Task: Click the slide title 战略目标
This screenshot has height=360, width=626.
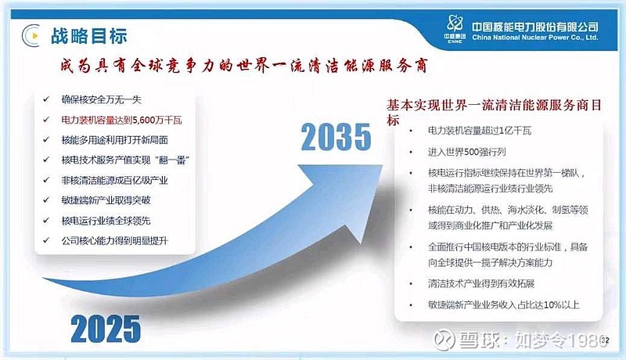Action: coord(88,36)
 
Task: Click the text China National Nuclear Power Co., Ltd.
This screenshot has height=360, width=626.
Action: coord(535,38)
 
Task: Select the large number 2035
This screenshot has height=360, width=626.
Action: coord(336,137)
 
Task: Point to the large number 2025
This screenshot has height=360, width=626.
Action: coord(106,329)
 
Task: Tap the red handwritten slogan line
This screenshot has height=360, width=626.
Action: coord(244,66)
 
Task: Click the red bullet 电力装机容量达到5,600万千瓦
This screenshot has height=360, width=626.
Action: coord(121,120)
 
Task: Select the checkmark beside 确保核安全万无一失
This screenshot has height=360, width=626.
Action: coord(46,99)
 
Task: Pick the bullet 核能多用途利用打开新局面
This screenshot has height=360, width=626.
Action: coord(114,139)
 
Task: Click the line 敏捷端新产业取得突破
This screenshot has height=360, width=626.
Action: coord(106,200)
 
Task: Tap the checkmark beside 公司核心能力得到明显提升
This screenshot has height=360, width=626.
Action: coord(46,240)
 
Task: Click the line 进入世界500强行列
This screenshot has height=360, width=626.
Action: coord(466,152)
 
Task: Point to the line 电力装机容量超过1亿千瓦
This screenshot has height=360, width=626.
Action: coord(480,131)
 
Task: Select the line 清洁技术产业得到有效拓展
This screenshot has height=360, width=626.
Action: coord(481,284)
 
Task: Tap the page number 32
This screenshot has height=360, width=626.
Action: coord(605,340)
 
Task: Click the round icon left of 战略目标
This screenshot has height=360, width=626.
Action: coord(31,35)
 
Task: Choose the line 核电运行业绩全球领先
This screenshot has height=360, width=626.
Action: coord(106,221)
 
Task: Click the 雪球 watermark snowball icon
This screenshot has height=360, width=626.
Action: coord(444,340)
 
